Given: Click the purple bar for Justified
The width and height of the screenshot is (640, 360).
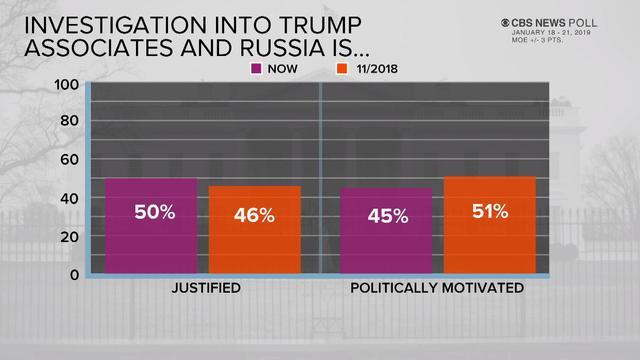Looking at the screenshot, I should (151, 227).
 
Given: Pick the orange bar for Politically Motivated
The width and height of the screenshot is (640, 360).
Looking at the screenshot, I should (489, 225).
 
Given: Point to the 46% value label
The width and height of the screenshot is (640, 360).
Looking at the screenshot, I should (254, 215).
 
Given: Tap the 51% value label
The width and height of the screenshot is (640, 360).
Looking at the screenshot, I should (489, 211).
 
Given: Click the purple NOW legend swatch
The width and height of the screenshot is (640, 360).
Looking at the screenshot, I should (256, 68).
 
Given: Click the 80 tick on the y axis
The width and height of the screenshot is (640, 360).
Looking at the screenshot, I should (70, 122).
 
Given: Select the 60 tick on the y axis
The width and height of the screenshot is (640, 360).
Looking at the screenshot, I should (70, 160).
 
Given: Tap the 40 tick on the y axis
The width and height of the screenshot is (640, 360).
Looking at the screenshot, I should (70, 198).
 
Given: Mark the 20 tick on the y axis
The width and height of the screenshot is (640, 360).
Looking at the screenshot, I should (70, 236).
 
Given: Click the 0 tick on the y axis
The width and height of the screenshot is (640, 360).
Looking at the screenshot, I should (74, 274).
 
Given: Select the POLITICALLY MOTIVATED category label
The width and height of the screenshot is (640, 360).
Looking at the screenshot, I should (437, 289).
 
